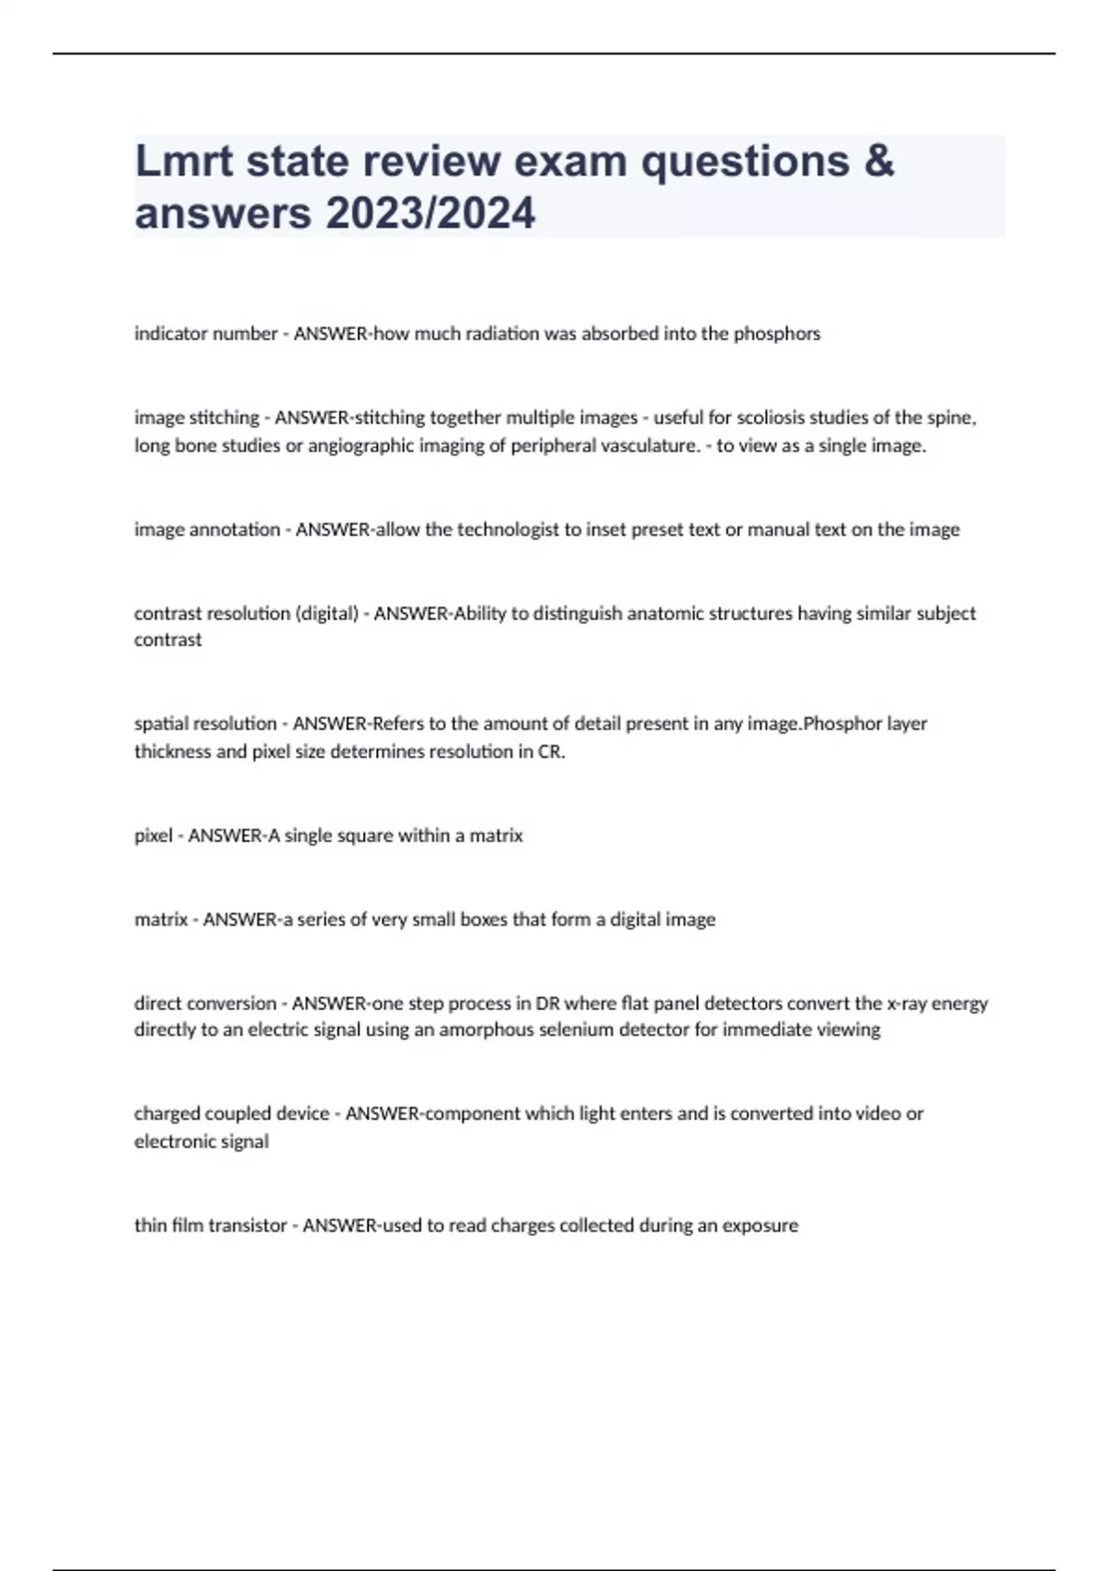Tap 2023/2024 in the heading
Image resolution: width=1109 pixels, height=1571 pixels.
click(x=430, y=213)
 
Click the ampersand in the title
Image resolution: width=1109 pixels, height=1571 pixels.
click(x=879, y=161)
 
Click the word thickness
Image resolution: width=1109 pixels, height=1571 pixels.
click(x=173, y=751)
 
